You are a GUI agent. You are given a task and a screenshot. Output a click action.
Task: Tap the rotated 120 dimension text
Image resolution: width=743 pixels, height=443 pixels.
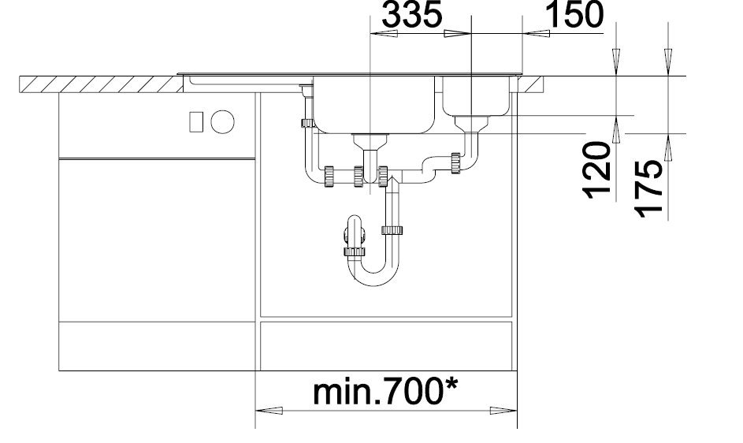(x=601, y=169)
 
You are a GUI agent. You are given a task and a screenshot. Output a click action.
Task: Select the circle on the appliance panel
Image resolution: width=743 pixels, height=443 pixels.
(x=221, y=121)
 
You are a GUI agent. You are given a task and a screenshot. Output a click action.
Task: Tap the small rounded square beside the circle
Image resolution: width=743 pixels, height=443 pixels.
(x=195, y=121)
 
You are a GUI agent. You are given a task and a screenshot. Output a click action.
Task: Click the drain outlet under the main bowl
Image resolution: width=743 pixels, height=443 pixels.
(x=370, y=142)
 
